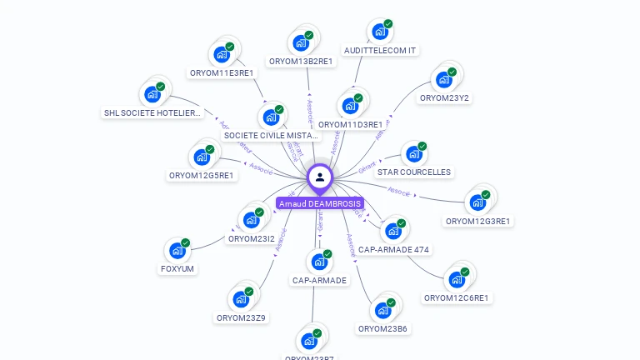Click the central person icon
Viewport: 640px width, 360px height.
pyautogui.click(x=320, y=177)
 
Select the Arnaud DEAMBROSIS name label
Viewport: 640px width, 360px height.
pyautogui.click(x=320, y=203)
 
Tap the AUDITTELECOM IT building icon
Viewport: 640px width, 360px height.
pyautogui.click(x=380, y=32)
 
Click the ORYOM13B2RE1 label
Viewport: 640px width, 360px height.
pyautogui.click(x=301, y=61)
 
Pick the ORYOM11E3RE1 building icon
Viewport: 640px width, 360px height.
pyautogui.click(x=222, y=54)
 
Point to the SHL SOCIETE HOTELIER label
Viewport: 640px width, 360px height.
pyautogui.click(x=152, y=112)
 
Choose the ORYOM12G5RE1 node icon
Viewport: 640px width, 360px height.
pyautogui.click(x=202, y=157)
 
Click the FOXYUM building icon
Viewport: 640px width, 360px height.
pyautogui.click(x=177, y=250)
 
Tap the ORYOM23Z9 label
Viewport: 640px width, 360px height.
pyautogui.click(x=241, y=317)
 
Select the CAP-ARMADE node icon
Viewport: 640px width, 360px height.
pyautogui.click(x=318, y=262)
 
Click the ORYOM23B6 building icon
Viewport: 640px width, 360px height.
pyautogui.click(x=382, y=310)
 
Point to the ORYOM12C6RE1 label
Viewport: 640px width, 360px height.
pyautogui.click(x=456, y=297)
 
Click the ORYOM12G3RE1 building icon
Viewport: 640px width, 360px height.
pyautogui.click(x=477, y=202)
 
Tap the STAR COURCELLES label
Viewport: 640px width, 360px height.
pyautogui.click(x=414, y=172)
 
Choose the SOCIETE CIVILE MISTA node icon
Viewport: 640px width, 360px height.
pyautogui.click(x=271, y=117)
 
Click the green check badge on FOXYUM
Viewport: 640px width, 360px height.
pyautogui.click(x=185, y=242)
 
